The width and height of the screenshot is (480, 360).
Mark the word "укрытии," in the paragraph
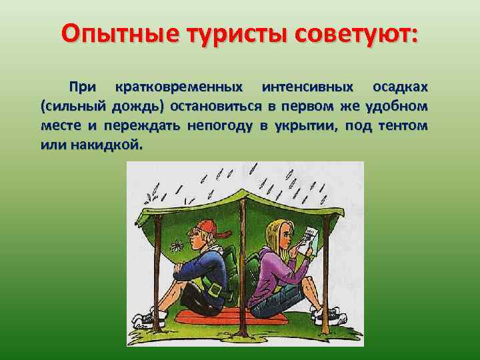(306, 126)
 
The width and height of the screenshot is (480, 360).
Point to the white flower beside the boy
(177, 245)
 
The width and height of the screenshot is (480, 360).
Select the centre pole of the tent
(242, 267)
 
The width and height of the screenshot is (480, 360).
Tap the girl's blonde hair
(274, 236)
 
